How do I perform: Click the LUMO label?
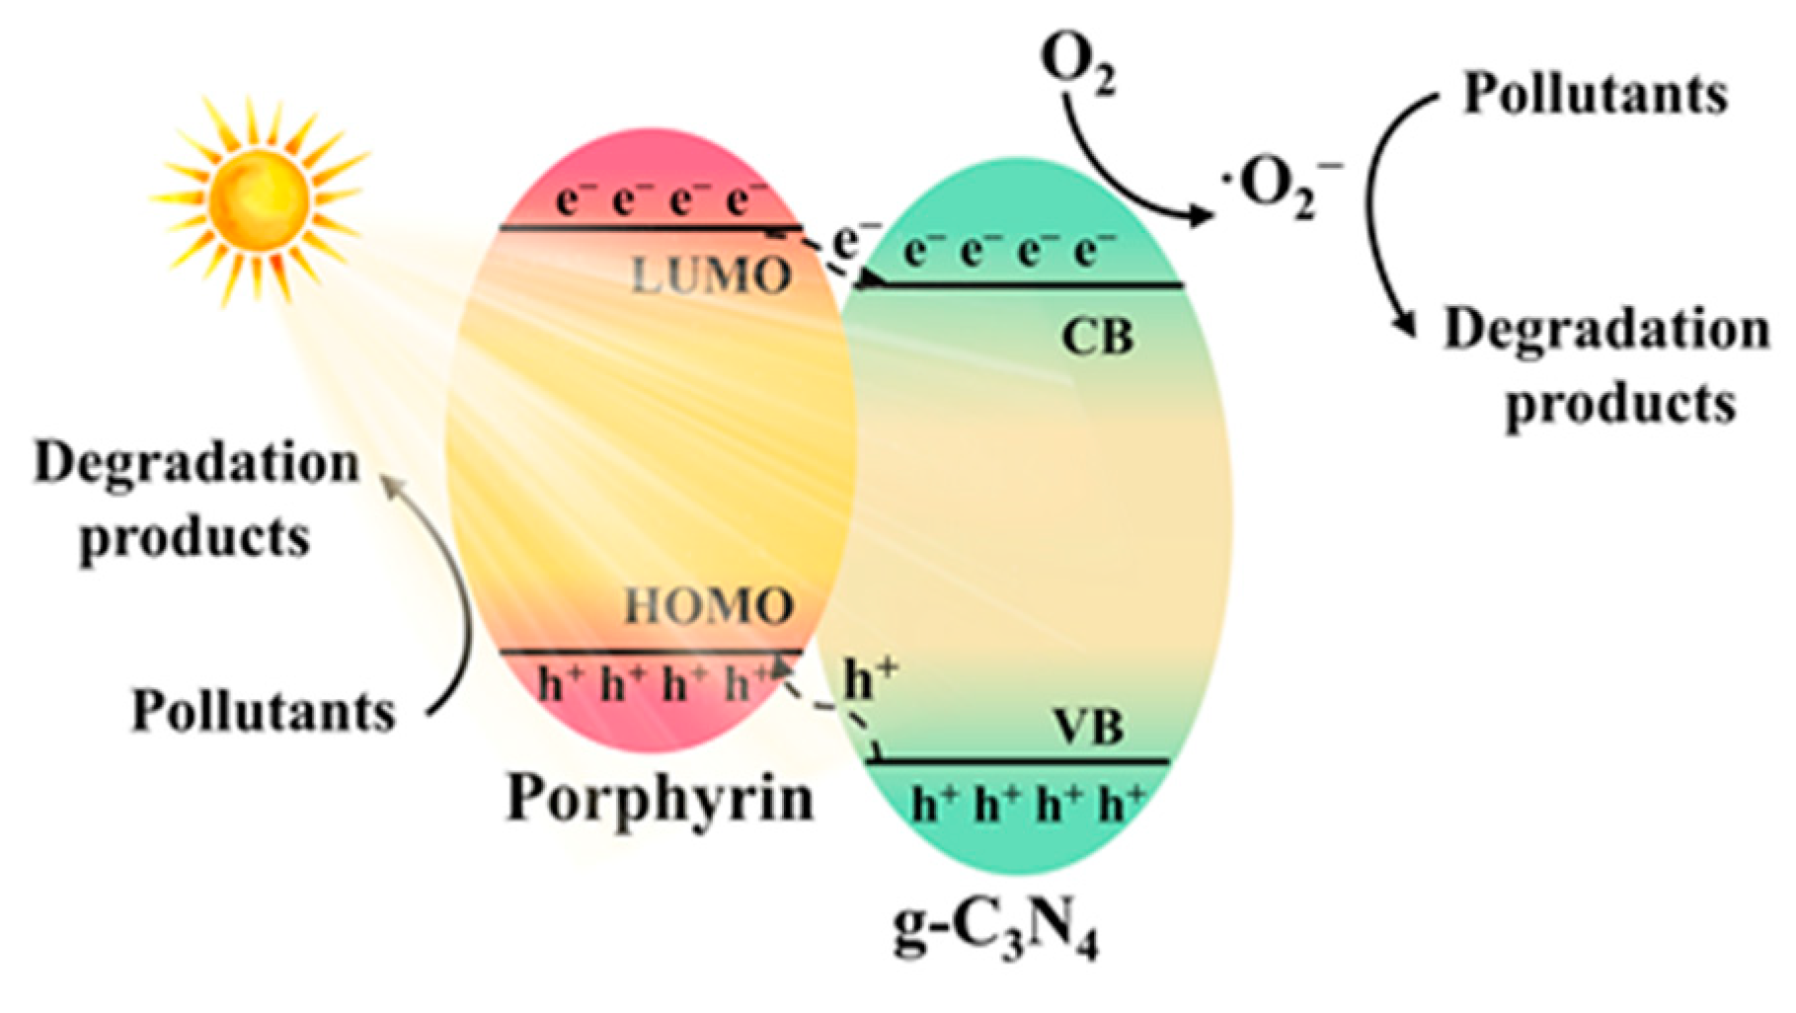(711, 277)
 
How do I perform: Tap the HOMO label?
(709, 604)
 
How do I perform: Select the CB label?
(1096, 338)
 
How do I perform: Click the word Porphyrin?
(660, 798)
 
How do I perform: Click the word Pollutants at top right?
(1595, 96)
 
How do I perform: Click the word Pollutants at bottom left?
(264, 710)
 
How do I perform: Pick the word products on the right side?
(1619, 403)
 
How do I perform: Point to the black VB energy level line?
(1017, 761)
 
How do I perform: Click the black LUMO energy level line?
(652, 228)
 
